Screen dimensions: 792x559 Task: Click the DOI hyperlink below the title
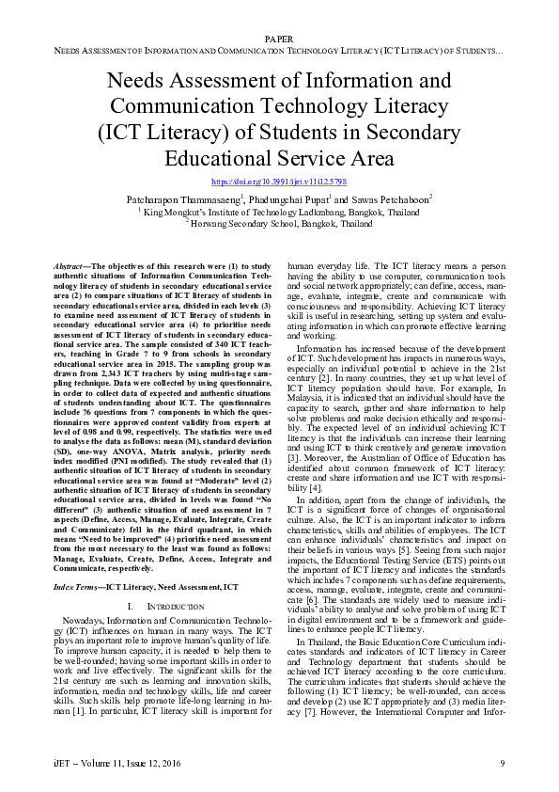pos(279,181)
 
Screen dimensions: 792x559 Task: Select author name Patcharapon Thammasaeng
pos(184,200)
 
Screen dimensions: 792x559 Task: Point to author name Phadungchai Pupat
pos(290,200)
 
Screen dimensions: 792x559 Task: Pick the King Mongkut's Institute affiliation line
pos(279,213)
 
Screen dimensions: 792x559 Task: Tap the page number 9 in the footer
pos(503,761)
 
